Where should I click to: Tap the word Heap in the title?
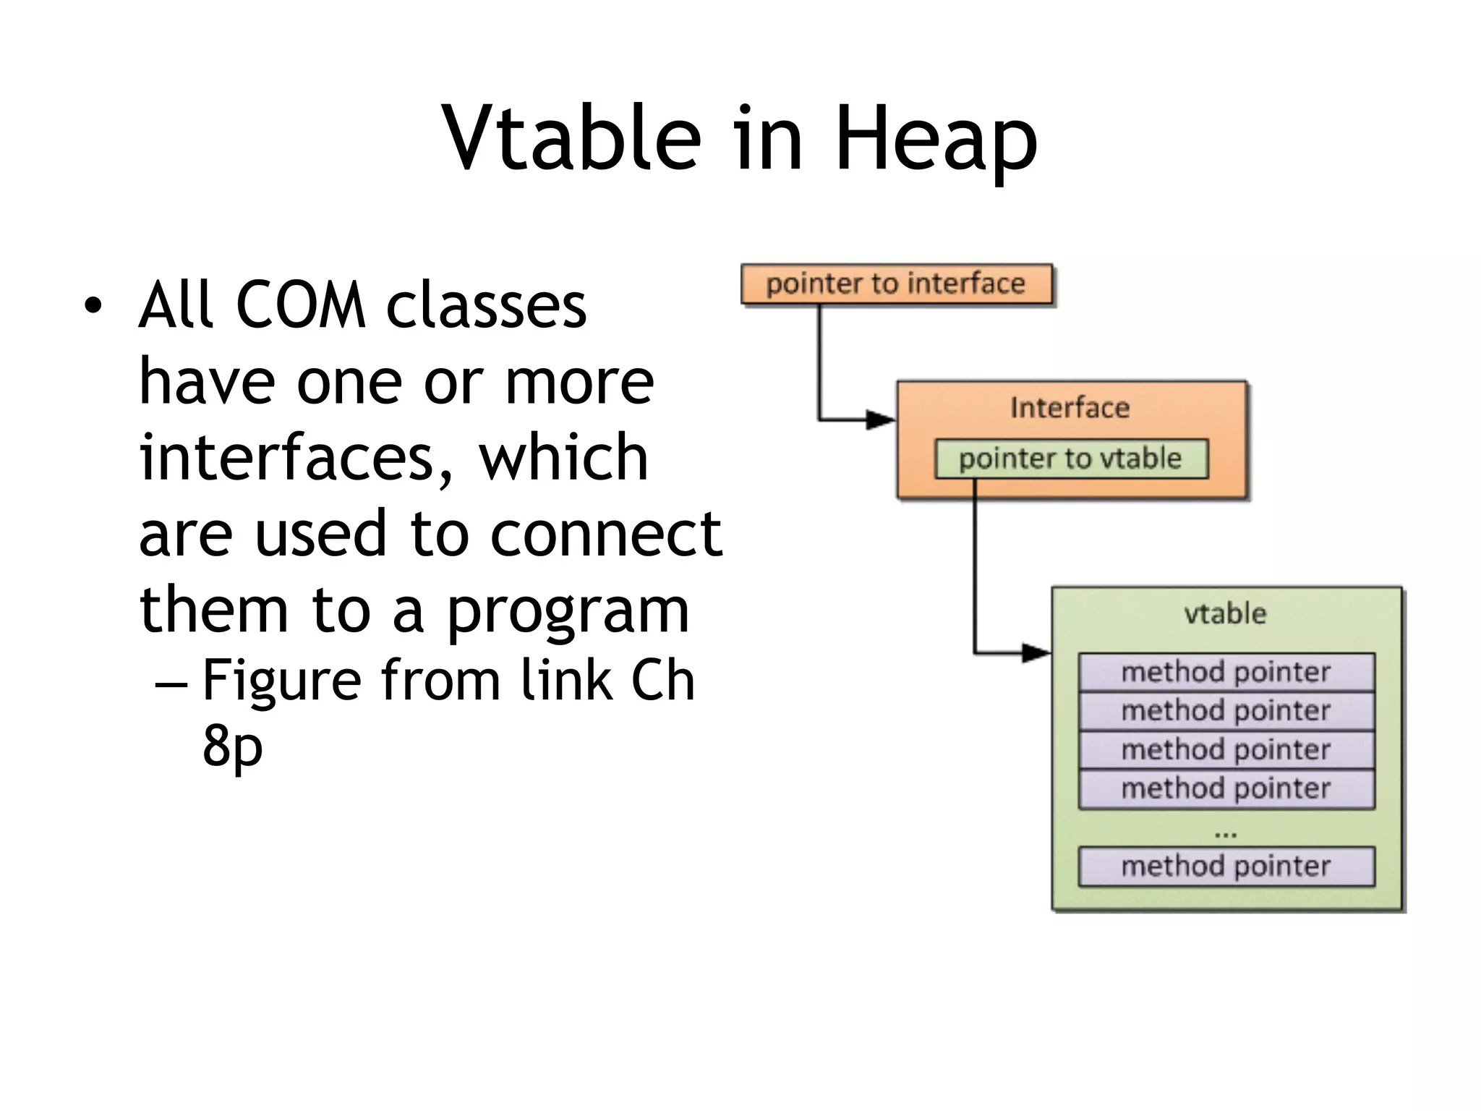pos(936,141)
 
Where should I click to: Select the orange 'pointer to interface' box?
pos(896,284)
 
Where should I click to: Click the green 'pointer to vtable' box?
pos(1070,459)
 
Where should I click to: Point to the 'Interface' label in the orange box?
pos(1070,408)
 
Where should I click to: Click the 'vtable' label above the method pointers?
pos(1225,614)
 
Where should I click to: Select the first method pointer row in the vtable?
pos(1226,672)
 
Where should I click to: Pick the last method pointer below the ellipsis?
pos(1226,866)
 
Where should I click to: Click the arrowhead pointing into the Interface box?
pos(881,420)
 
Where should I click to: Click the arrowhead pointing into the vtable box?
pos(1036,653)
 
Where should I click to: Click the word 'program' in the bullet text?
pos(568,611)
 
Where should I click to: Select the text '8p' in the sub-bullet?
pos(232,746)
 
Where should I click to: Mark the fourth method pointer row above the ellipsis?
pos(1226,788)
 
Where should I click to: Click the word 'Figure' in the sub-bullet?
pos(281,681)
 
